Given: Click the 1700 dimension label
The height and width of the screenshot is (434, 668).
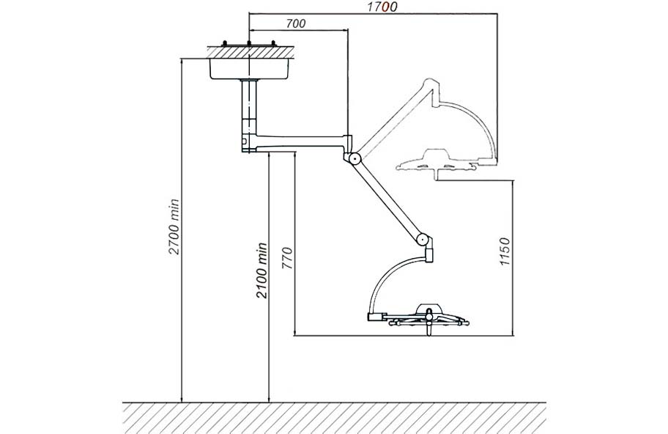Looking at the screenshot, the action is (x=382, y=7).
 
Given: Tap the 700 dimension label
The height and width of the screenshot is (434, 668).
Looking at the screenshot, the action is (x=296, y=23).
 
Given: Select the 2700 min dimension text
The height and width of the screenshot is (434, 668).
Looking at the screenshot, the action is (x=174, y=227).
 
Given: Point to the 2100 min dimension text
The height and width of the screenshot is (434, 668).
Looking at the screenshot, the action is (x=261, y=271).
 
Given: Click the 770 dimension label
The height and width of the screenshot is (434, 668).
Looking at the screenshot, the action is (x=288, y=258).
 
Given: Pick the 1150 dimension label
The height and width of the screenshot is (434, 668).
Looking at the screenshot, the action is (x=505, y=252).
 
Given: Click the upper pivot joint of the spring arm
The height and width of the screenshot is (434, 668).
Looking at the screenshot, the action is (x=353, y=159).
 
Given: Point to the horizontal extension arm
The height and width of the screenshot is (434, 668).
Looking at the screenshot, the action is (x=298, y=142).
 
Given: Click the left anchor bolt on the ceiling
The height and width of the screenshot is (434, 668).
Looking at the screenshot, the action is (x=224, y=43).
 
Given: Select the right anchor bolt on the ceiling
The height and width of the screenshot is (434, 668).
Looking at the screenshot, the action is (x=273, y=43).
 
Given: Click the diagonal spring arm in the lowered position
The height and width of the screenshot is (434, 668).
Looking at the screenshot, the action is (x=387, y=199).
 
